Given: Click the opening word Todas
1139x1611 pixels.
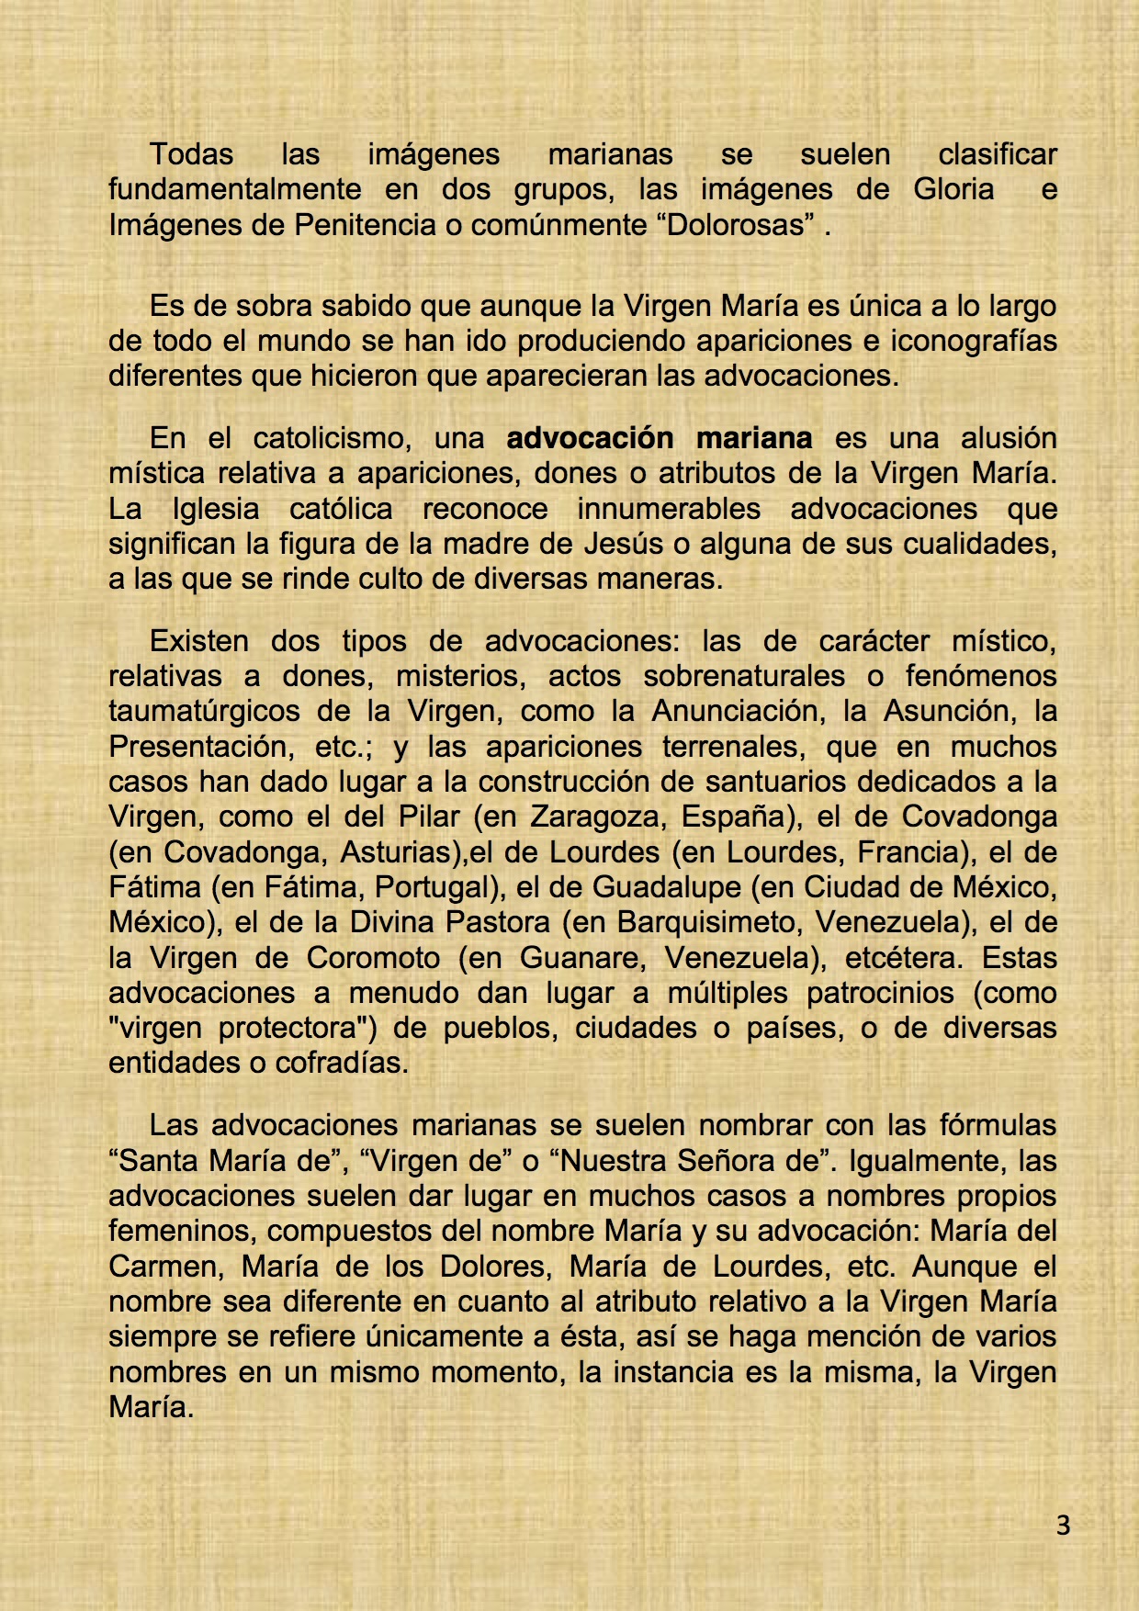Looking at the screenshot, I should [x=191, y=154].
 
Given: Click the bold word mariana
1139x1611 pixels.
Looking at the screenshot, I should [x=754, y=438].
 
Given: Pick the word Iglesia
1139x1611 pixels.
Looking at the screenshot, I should [x=216, y=509].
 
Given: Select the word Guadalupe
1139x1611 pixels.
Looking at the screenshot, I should [x=667, y=887].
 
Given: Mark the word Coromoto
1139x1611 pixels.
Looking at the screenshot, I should [x=373, y=958].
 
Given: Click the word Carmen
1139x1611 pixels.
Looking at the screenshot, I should [x=165, y=1267].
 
